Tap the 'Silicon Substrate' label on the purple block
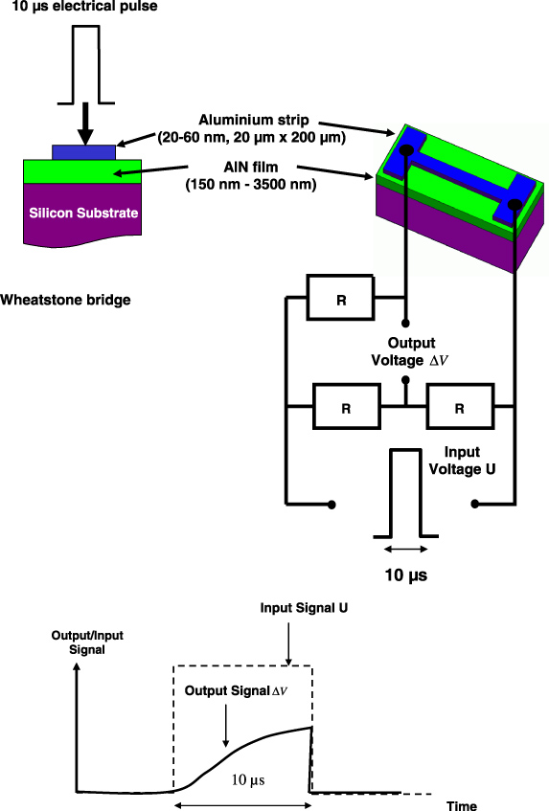[83, 213]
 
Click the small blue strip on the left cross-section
[84, 151]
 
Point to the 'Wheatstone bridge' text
[65, 300]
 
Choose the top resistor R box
[341, 298]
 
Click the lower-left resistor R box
[348, 407]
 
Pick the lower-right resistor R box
[459, 407]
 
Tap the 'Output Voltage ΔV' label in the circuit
[411, 351]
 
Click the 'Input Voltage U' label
[469, 461]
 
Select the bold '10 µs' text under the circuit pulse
[404, 575]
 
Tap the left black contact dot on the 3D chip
[406, 149]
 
